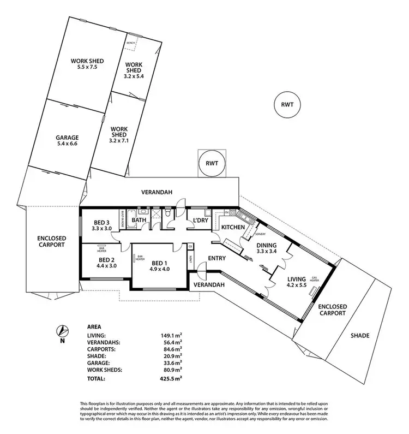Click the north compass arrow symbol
(63, 331)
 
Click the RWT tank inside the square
(211, 163)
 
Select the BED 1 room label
(160, 265)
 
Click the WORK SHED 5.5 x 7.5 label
(87, 64)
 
